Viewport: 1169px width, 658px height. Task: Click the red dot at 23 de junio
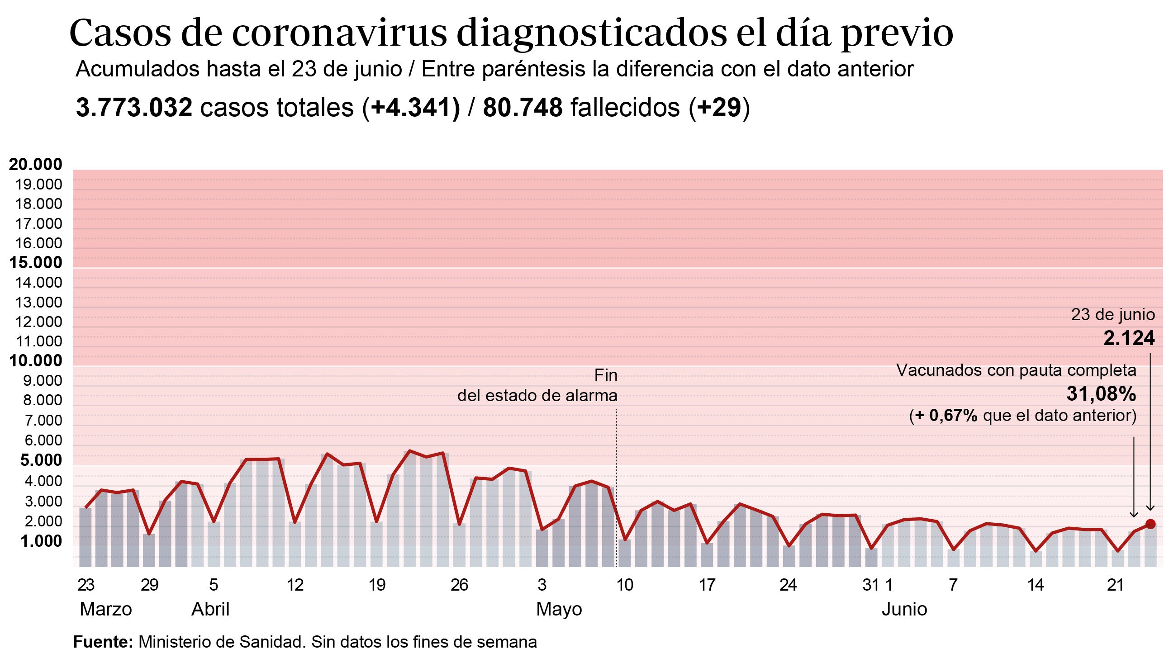[1150, 524]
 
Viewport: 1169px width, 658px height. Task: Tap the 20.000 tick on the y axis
[35, 164]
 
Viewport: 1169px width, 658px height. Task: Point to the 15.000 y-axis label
[35, 262]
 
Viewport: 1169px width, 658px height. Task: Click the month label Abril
[210, 609]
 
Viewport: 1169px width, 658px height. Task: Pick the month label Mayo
[559, 609]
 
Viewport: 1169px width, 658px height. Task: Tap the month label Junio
[904, 609]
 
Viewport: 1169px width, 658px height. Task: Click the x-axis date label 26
[459, 585]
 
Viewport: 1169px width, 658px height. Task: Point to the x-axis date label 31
[870, 585]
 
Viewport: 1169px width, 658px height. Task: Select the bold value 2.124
[1129, 339]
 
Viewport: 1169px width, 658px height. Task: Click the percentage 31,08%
[1101, 394]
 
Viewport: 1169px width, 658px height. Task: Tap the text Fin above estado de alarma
[606, 375]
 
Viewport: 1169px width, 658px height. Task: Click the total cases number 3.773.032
[134, 108]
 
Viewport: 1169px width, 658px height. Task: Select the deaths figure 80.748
[523, 108]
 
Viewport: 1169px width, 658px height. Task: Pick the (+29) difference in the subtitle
[719, 108]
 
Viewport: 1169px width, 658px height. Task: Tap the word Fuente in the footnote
[103, 642]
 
